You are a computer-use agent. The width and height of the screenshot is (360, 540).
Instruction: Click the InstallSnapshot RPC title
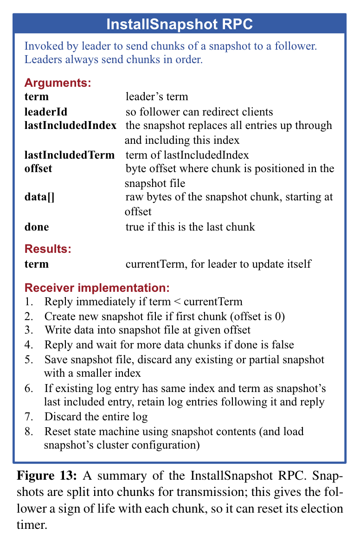(180, 24)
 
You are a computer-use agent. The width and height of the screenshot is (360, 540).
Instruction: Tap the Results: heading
(48, 249)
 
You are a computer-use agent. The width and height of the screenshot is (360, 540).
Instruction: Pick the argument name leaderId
(46, 112)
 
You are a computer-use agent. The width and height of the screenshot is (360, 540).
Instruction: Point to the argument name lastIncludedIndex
(70, 126)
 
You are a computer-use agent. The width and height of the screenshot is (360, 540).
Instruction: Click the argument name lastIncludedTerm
(69, 154)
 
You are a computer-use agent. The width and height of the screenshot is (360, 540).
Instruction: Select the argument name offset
(38, 168)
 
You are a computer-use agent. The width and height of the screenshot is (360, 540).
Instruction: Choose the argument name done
(36, 227)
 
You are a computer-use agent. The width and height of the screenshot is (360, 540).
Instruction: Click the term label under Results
(36, 264)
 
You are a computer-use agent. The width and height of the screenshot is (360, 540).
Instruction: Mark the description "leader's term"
(157, 97)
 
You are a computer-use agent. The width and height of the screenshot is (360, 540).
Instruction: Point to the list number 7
(29, 417)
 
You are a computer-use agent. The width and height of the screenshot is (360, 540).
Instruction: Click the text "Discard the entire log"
(96, 417)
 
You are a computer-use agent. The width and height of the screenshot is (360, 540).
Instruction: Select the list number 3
(29, 330)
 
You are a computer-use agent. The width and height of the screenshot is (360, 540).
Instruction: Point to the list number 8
(29, 431)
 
